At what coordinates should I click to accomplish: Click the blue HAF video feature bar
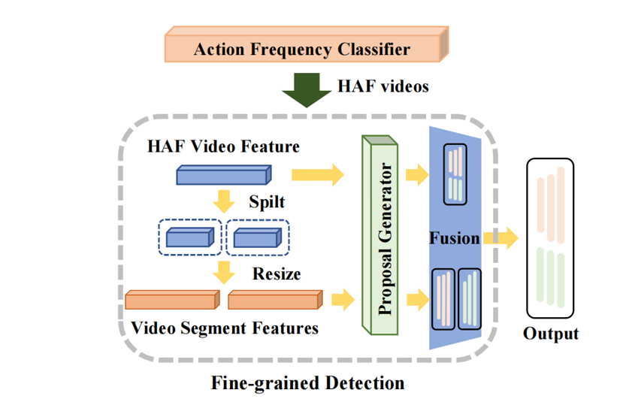coord(222,176)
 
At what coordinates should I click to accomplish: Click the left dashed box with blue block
coord(189,238)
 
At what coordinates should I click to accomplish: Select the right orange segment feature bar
coord(276,300)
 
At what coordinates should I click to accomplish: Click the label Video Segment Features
coord(224,328)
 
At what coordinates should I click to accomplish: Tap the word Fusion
coord(455,239)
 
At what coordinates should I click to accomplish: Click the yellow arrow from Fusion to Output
coord(500,239)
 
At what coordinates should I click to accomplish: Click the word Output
coord(552,334)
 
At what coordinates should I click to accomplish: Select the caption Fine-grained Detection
coord(308,383)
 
